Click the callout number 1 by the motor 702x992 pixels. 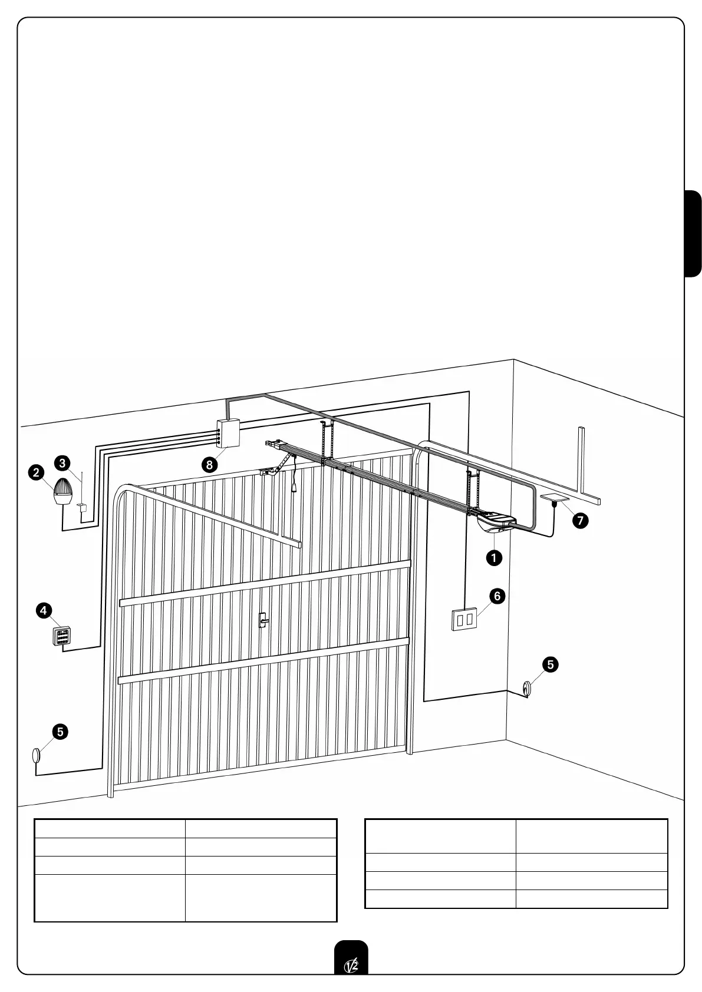point(494,557)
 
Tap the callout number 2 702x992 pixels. point(37,472)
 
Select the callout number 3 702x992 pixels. point(62,462)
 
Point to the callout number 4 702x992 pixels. point(44,610)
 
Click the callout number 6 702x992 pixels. point(497,596)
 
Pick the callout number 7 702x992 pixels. point(581,520)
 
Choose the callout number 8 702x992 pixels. point(209,465)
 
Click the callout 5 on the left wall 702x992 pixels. point(60,732)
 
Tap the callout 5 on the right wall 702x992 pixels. point(550,664)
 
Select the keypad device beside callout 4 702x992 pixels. point(61,636)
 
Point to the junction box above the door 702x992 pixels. point(227,434)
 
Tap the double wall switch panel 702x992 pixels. point(464,619)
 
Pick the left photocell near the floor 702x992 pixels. point(37,755)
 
